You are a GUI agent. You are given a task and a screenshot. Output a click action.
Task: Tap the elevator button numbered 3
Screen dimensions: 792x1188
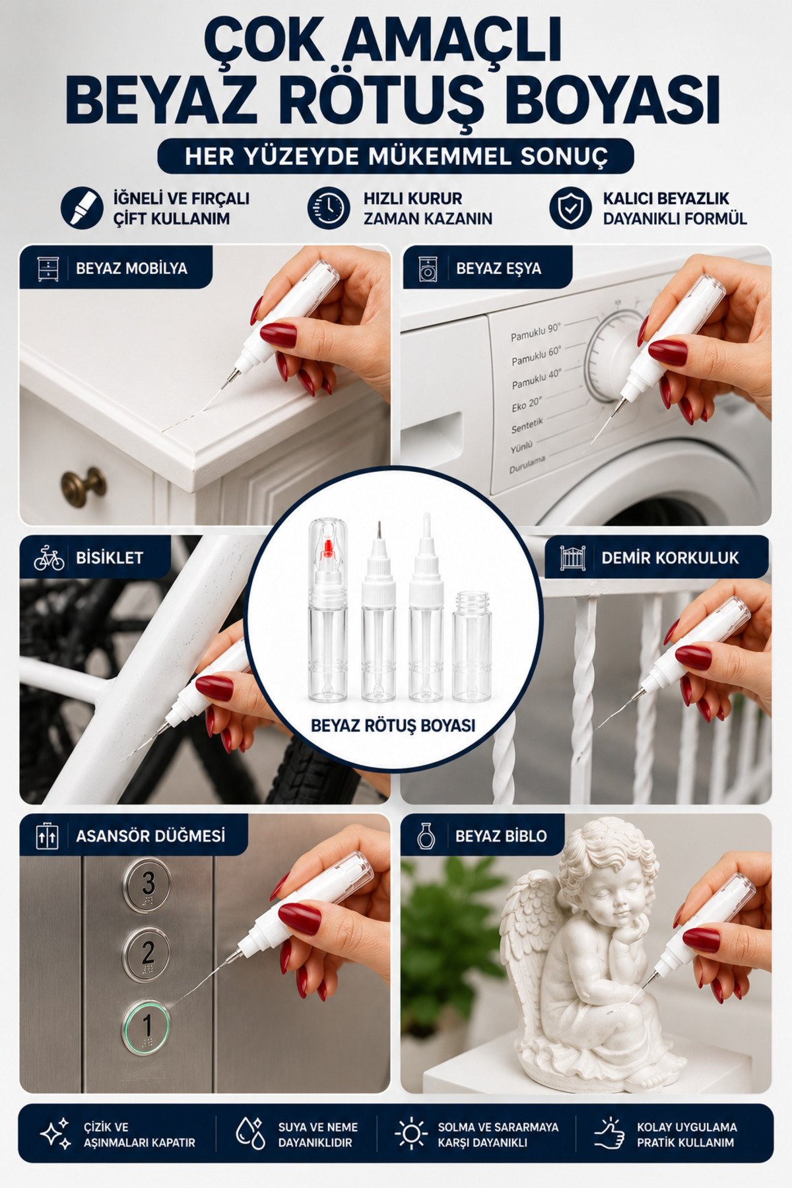tap(147, 884)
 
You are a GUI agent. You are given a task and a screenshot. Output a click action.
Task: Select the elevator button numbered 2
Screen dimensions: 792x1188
tap(147, 953)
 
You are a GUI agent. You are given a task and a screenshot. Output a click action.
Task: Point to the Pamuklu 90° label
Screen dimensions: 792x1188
tap(535, 332)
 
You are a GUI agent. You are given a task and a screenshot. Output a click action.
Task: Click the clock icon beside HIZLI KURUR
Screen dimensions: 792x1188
tap(328, 208)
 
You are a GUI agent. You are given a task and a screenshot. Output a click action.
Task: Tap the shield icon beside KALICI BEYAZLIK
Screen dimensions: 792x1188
tap(570, 208)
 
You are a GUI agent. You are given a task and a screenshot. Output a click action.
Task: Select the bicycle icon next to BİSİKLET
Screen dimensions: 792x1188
tap(49, 558)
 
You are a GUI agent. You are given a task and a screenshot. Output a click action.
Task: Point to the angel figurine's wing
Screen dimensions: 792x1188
tap(531, 937)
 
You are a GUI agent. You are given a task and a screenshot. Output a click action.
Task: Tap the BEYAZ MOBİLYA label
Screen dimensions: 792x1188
tap(131, 269)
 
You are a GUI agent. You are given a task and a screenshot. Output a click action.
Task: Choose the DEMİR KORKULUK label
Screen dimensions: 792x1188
tap(670, 558)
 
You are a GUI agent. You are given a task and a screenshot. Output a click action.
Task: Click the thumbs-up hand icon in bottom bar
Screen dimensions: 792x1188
tap(609, 1133)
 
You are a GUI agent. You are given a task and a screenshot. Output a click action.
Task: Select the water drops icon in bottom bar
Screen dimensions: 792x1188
tap(250, 1133)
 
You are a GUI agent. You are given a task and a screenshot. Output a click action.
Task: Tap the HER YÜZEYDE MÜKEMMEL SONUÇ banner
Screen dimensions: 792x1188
tap(395, 156)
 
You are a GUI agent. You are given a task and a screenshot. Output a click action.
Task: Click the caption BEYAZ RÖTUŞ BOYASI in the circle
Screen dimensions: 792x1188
tap(393, 726)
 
